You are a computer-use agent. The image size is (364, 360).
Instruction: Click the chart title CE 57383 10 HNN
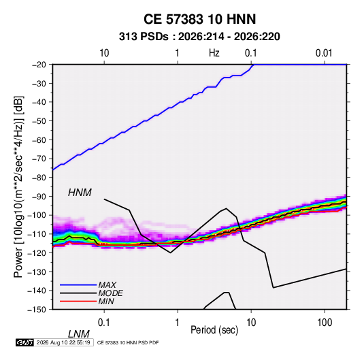(199, 19)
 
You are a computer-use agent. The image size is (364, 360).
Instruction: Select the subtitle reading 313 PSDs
(144, 37)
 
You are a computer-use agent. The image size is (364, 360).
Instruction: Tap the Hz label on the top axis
(214, 53)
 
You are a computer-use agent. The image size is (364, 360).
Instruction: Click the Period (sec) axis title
(214, 330)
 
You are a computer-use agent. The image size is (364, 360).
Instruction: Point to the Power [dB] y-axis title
(18, 186)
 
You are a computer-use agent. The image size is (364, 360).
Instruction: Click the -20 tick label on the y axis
(39, 65)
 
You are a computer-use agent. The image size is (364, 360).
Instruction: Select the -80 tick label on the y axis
(39, 178)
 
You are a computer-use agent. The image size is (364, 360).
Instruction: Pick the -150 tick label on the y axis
(37, 310)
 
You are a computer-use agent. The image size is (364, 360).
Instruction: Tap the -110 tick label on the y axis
(37, 234)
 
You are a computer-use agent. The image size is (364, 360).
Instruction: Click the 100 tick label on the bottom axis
(325, 323)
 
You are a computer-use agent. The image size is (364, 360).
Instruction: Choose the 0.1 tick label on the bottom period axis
(104, 323)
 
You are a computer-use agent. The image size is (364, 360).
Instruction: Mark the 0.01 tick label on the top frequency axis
(324, 53)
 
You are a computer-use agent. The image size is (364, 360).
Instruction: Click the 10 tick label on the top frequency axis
(104, 53)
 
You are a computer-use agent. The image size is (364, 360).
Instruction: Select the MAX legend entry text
(107, 284)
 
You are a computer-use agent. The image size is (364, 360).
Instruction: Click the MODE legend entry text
(110, 293)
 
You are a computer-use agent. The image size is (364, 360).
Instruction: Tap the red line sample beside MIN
(78, 301)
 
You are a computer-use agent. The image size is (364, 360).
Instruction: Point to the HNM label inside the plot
(80, 193)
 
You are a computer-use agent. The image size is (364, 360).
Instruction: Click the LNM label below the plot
(79, 334)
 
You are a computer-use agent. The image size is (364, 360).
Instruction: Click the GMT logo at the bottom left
(25, 342)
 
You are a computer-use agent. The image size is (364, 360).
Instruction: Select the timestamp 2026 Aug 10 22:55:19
(63, 342)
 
